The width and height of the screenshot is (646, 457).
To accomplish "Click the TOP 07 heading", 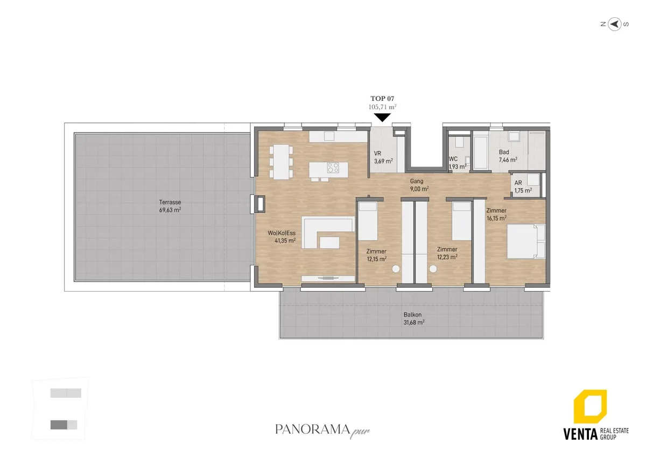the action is [x=382, y=99].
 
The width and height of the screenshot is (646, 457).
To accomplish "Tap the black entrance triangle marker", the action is [x=382, y=117].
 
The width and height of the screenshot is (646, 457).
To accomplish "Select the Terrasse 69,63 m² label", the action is [x=170, y=206].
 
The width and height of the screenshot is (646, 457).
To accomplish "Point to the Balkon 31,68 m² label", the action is [x=414, y=318].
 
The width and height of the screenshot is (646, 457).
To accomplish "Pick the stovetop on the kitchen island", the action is [x=333, y=168].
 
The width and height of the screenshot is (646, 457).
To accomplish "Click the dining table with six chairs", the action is [x=281, y=162].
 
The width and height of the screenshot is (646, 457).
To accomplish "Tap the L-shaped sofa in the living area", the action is [x=328, y=232].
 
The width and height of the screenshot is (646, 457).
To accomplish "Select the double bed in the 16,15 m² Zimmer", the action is [x=526, y=241].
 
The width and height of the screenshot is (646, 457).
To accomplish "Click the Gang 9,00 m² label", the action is [x=419, y=185].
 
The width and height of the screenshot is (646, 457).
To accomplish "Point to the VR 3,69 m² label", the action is [x=383, y=157].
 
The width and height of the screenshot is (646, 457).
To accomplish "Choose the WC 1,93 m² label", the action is [x=458, y=163].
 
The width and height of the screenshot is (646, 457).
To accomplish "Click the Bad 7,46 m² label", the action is [x=508, y=156].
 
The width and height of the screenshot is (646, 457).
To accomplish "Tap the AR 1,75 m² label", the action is [x=523, y=187].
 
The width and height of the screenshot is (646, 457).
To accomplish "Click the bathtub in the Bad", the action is [x=480, y=153].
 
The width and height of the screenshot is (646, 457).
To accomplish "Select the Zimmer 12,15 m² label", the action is [x=376, y=255].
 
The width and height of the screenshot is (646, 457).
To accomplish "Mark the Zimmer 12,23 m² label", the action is [x=447, y=253].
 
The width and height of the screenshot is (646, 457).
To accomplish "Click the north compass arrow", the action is [x=615, y=24].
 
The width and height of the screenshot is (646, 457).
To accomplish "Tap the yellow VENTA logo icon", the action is [x=590, y=406].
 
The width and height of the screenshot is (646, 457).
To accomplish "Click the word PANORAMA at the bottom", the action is [x=312, y=430].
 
